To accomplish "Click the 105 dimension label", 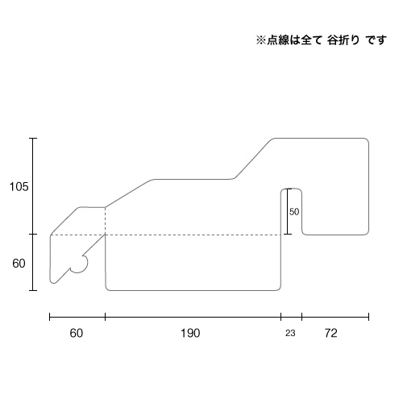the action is tap(19, 186).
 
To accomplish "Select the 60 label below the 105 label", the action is tap(19, 264).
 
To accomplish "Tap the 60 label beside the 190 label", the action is tap(77, 333).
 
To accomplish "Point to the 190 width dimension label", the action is tap(190, 333).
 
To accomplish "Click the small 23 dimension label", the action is tap(290, 334).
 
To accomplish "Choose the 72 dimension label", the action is tap(330, 333).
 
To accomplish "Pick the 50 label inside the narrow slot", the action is tap(294, 212).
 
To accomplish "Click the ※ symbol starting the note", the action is tap(261, 40).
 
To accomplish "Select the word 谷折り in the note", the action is tap(343, 40).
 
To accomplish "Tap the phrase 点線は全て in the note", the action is tap(294, 40).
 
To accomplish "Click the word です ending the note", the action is tap(376, 40).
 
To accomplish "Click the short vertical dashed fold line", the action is tap(105, 221).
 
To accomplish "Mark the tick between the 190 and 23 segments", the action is tap(281, 317).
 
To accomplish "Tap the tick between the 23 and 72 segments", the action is tap(302, 317).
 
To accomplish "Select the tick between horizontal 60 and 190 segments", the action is tap(105, 317).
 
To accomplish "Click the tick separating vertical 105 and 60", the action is tap(33, 235).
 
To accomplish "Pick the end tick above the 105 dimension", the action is tap(33, 139).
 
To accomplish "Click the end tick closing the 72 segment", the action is tap(368, 317).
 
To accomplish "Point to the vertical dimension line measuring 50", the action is tap(288, 211).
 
